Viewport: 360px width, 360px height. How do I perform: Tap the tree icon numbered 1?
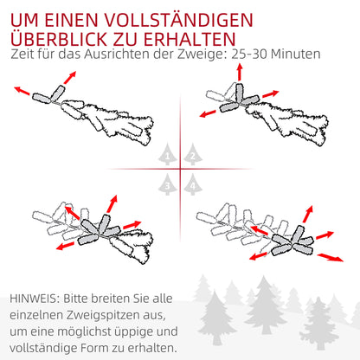[168, 156]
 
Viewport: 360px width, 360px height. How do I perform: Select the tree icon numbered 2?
[192, 156]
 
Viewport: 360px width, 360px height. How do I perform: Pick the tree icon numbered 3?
[168, 183]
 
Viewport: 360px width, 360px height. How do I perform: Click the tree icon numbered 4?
[192, 183]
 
